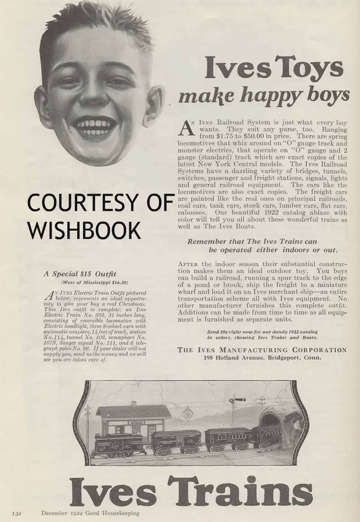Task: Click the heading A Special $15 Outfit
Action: click(x=80, y=274)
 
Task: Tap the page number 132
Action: click(x=18, y=513)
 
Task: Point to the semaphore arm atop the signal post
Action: click(x=239, y=399)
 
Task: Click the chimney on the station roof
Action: click(x=133, y=404)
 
